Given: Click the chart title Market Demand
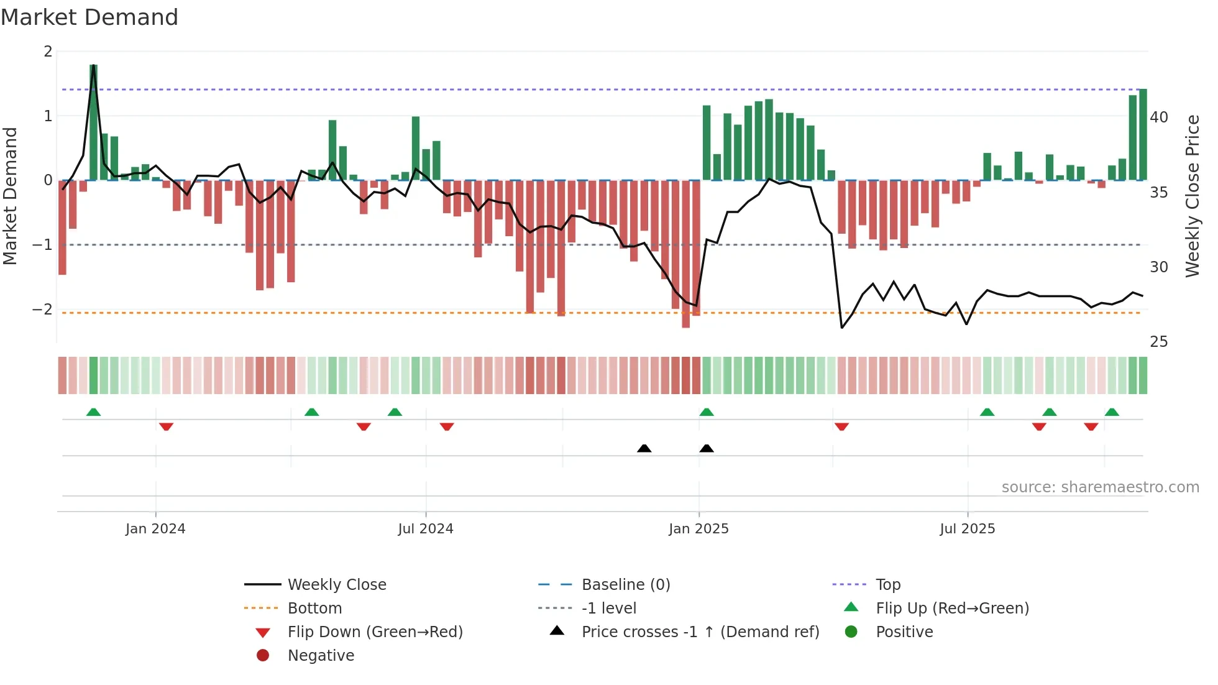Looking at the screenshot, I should [89, 17].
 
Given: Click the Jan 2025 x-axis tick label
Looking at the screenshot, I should [698, 529].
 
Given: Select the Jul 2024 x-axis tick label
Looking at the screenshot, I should [426, 529].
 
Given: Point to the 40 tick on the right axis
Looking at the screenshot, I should [1158, 117].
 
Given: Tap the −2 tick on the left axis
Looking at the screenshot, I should [42, 310].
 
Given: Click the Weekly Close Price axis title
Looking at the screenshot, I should [1192, 196].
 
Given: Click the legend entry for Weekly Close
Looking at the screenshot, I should [336, 585].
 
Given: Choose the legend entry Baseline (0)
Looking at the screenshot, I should [625, 585].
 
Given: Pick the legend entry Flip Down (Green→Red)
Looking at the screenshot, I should [375, 632].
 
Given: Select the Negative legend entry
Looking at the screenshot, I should [321, 656].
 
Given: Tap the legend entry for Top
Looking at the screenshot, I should [887, 585].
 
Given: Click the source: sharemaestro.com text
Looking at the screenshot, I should [1100, 487].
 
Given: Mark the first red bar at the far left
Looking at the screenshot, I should [62, 227].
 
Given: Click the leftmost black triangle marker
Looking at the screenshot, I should [644, 448].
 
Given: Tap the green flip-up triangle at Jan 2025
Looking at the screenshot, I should [707, 412].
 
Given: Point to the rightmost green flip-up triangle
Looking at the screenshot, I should [1112, 412].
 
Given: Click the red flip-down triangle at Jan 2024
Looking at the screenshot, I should [166, 426].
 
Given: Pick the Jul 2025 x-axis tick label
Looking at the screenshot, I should [967, 529].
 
